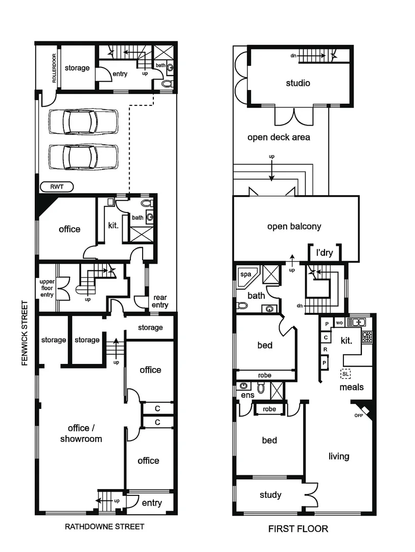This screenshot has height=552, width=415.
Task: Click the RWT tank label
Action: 57,187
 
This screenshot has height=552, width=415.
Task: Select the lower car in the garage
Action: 83,156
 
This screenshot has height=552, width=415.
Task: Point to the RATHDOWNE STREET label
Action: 105,526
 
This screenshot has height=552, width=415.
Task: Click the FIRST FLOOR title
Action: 298,529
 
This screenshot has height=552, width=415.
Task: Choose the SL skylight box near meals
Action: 346,374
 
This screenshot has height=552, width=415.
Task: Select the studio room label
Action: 298,83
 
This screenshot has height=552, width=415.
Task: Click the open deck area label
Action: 279,137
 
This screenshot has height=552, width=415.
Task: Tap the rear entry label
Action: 159,301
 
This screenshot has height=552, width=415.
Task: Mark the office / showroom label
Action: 81,433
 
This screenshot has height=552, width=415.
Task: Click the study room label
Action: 270,495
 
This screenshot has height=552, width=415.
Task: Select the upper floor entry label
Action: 47,288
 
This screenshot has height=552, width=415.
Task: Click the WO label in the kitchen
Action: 339,323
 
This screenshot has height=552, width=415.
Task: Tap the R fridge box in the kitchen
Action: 325,350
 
